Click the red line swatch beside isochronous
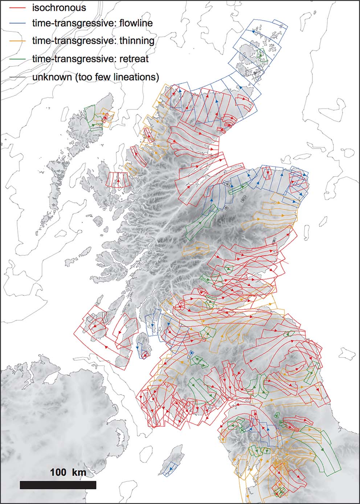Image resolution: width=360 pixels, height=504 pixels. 18,7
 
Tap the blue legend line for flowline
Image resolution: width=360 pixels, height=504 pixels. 18,24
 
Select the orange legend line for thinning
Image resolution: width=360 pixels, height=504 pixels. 18,41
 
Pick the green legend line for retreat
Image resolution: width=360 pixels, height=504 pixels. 18,58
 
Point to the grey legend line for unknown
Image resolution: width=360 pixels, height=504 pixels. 18,77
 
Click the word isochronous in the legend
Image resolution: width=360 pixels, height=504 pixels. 59,7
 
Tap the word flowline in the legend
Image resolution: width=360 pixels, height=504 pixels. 135,24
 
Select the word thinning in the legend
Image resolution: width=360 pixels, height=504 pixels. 136,41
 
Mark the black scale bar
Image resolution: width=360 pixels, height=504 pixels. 58,485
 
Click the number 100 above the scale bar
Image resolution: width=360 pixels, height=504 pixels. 58,472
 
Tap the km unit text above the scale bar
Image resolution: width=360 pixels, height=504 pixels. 79,472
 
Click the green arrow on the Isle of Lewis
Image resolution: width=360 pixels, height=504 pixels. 93,124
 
